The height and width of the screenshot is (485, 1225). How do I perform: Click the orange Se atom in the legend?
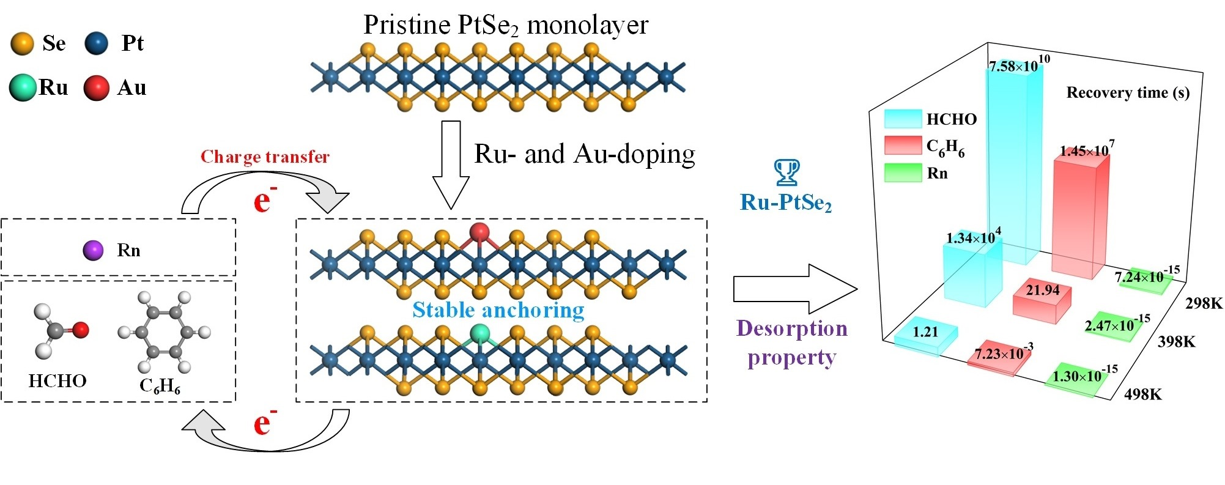[x=23, y=44]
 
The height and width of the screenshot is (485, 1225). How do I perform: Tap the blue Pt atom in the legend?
[x=96, y=44]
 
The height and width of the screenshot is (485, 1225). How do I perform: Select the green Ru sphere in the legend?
[x=23, y=88]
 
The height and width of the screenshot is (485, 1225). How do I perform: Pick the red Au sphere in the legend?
[x=96, y=88]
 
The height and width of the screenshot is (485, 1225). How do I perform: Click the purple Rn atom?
[x=93, y=250]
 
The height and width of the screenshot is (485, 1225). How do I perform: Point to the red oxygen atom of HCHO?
[x=80, y=330]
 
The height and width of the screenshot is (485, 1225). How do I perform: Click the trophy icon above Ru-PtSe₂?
[x=786, y=172]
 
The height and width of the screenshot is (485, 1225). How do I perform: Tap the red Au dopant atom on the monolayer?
[x=479, y=232]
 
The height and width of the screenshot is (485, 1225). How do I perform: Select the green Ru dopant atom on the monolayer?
[x=480, y=334]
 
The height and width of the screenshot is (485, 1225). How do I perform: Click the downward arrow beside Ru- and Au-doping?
[x=451, y=165]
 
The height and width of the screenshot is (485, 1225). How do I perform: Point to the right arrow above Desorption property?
[x=795, y=289]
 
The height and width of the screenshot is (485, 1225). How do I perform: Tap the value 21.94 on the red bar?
[x=1043, y=290]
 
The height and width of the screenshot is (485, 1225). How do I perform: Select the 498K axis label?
[x=1142, y=394]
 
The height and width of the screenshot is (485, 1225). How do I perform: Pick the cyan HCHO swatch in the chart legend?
[x=903, y=119]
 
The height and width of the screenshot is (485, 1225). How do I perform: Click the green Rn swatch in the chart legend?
[x=903, y=173]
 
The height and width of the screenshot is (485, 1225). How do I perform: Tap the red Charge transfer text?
[x=265, y=157]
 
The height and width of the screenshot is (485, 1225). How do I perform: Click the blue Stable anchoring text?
[x=498, y=310]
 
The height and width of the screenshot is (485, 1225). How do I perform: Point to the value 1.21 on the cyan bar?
[x=925, y=332]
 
